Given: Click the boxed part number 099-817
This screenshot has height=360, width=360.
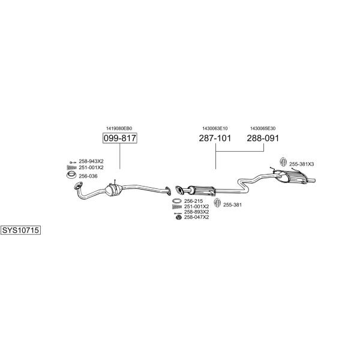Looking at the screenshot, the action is [120, 138].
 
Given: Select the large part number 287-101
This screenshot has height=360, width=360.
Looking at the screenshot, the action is [215, 138].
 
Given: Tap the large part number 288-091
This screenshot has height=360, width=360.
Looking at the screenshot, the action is [263, 138].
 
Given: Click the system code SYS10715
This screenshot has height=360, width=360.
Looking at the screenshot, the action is [20, 230].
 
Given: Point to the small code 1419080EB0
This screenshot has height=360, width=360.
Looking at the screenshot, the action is [119, 128].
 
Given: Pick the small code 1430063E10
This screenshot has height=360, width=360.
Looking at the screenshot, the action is [215, 128].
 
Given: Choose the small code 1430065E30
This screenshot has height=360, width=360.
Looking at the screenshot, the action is [263, 128].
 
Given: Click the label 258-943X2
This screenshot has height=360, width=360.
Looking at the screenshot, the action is [91, 161].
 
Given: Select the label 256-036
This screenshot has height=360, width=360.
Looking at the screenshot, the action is [88, 176].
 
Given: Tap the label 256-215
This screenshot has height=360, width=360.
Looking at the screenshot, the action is [194, 201].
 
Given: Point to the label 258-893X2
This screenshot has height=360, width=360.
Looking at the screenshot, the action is [197, 212].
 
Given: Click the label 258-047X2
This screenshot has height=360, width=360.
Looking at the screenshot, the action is [197, 217].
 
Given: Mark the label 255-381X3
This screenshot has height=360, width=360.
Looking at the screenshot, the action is [301, 164].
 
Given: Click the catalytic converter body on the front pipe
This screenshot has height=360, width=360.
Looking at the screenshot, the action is [113, 190].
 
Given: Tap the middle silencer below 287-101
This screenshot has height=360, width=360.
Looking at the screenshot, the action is [202, 190].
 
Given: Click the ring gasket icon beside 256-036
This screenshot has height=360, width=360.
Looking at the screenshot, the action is [71, 175].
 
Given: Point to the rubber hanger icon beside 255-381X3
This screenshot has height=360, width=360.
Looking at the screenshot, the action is [283, 161].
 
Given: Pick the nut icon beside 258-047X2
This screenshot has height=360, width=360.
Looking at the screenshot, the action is [178, 217].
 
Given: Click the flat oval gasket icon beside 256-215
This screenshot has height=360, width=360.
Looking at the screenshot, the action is [177, 201].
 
